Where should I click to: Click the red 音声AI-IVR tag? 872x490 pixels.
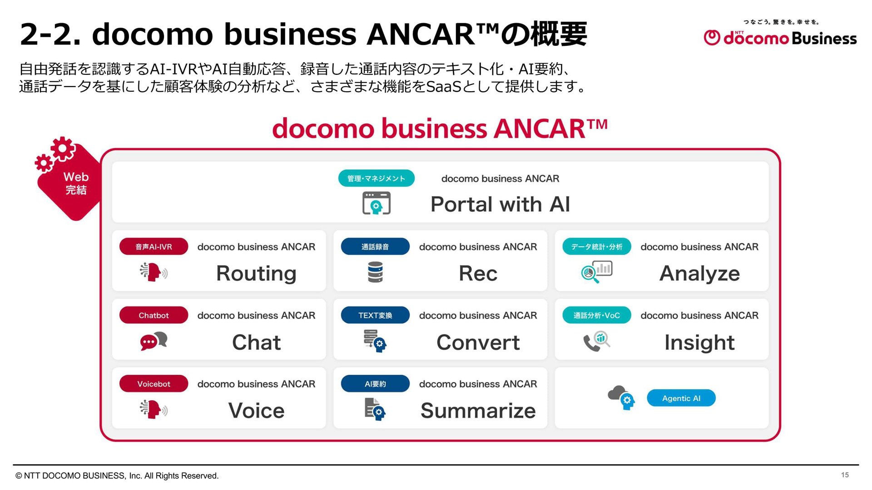coord(154,246)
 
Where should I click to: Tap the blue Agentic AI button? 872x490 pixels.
coord(681,398)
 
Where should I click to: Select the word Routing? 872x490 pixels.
coord(256,273)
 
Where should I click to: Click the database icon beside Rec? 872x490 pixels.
coord(375,272)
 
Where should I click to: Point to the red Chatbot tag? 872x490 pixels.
coord(154,315)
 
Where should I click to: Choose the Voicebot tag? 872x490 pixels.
coord(154,383)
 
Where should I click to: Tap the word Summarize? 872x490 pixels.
coord(478,411)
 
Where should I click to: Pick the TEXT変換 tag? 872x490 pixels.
coord(375,315)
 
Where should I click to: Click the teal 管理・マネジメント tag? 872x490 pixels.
coord(377,178)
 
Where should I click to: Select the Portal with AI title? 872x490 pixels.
coord(500,204)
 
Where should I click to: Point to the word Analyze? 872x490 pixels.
coord(699,273)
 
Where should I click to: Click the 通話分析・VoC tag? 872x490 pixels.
coord(597,315)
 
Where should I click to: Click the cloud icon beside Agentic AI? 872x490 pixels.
coord(621,397)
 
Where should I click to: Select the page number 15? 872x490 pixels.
coord(845,475)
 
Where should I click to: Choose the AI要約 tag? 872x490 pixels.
coord(375,383)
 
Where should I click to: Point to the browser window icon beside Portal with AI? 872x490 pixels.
coord(377,203)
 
